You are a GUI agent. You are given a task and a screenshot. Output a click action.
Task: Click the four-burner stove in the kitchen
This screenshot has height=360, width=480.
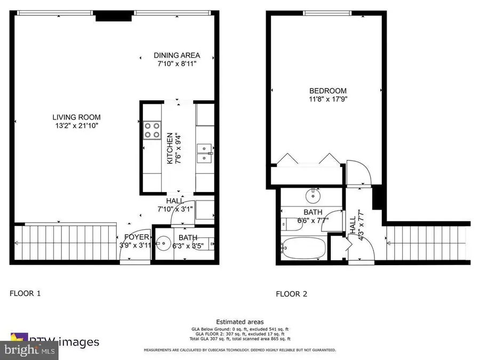click(x=151, y=130)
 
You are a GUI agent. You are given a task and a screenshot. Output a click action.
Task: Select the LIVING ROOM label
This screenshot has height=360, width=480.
click(x=76, y=117)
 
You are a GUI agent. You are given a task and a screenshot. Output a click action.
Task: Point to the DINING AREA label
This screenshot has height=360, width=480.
click(x=177, y=55)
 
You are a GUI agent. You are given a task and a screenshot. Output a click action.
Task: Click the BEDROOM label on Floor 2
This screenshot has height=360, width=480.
click(x=327, y=91)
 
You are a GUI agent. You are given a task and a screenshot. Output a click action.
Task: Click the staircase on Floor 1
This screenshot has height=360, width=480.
click(x=64, y=243)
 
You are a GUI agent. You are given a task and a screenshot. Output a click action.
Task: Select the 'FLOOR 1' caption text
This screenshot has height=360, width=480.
click(x=25, y=293)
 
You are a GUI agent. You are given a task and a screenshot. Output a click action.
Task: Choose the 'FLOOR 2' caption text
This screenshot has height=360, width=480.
click(x=291, y=294)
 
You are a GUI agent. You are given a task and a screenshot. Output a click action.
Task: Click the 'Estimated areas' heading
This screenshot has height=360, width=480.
click(x=239, y=322)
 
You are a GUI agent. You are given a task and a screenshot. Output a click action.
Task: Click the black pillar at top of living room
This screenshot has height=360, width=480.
click(x=113, y=17)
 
